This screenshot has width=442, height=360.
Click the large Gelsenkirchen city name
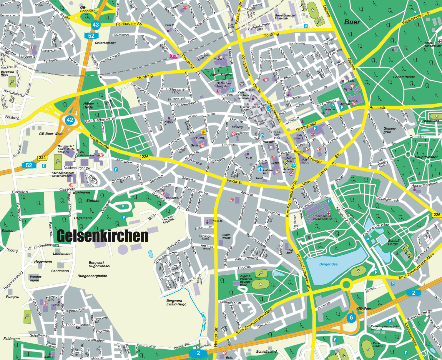coord(102,236)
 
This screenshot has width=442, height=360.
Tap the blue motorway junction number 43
coord(95,25)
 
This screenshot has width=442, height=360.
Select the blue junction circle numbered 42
coord(70,120)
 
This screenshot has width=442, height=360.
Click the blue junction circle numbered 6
coord(351,318)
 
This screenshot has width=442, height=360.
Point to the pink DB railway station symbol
coord(174,56)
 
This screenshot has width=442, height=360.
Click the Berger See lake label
coord(328,264)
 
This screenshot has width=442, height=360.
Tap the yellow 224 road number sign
coord(42,158)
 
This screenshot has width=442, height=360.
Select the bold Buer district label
coord(352,22)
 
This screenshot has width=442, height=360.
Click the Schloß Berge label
coord(393,242)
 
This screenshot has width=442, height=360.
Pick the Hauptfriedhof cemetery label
coord(426,157)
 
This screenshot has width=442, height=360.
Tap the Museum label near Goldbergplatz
coord(268,142)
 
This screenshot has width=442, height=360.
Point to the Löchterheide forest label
coord(404,77)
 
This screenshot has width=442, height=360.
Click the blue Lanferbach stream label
coord(203,321)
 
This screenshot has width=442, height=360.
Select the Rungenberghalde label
coord(92,276)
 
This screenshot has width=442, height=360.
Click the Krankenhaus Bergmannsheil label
coord(323,217)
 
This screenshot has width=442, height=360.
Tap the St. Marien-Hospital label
coord(223,85)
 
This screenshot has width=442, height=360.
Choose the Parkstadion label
coord(378,344)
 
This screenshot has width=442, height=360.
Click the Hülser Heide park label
coord(88,105)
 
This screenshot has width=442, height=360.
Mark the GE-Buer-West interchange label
coord(51,134)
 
